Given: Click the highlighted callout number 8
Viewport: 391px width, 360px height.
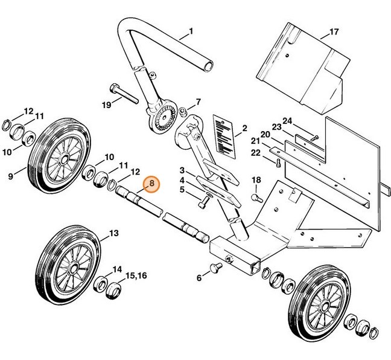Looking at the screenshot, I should click(151, 183).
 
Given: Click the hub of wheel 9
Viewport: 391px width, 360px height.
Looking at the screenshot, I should click(61, 160).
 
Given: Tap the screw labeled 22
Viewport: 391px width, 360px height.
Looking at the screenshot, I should click(277, 161).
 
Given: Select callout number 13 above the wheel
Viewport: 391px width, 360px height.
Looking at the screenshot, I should click(113, 232).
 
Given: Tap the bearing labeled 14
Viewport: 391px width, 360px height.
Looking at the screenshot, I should click(101, 284).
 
